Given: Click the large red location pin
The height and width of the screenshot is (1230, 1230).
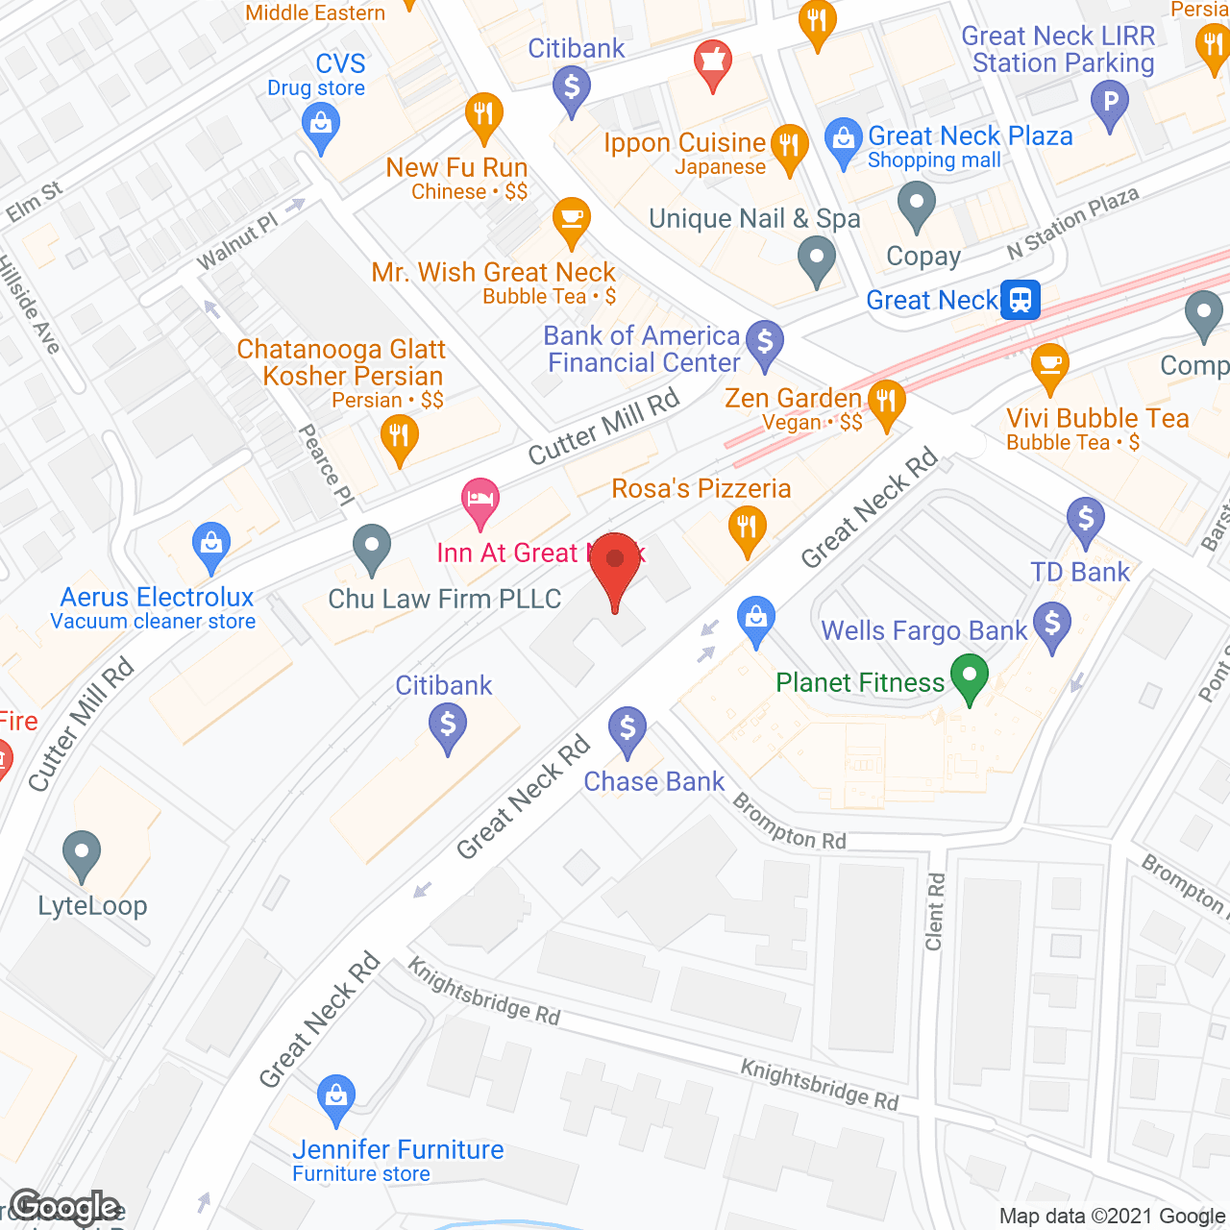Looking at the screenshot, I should coord(615,567).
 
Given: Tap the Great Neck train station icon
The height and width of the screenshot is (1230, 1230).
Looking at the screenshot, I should coord(1020,300).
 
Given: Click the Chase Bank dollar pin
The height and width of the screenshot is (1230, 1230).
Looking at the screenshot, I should coord(627,729).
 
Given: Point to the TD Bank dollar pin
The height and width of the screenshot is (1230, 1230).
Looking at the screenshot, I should coord(1085,520).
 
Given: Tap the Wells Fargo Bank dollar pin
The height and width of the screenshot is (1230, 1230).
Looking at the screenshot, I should coord(1052,625).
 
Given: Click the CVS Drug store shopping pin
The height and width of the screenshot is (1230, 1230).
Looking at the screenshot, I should coord(321,126).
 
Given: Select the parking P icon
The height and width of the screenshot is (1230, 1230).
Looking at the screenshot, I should coord(1110,102).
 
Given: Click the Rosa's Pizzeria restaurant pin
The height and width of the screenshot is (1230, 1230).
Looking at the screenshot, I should coord(746,529).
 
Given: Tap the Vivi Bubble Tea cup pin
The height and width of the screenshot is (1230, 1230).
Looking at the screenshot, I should coord(1049,366).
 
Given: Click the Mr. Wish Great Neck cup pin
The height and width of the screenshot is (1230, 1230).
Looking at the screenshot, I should coord(571,220).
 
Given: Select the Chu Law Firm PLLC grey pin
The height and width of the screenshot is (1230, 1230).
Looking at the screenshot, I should coord(371,548).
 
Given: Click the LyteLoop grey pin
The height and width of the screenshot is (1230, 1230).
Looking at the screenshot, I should coord(82,853).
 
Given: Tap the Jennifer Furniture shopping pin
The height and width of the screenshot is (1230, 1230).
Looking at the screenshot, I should coord(335,1097).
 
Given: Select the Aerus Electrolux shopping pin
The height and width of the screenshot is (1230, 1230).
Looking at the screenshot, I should coord(210,545).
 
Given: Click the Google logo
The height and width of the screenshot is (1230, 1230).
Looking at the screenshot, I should coord(65,1207).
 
